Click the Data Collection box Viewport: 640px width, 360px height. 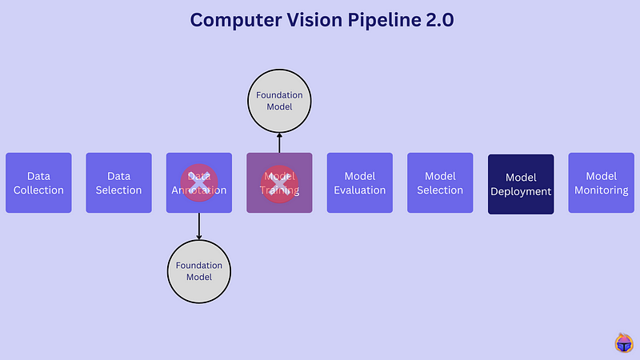[x=38, y=182]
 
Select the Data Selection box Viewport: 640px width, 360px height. [x=118, y=182]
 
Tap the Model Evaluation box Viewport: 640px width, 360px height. [x=359, y=182]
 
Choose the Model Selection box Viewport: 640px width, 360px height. [x=440, y=182]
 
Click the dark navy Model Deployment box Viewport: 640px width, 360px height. [x=521, y=184]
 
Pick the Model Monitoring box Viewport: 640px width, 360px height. [x=601, y=182]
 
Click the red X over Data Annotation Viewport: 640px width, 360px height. [x=199, y=183]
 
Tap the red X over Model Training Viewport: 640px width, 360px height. [x=279, y=183]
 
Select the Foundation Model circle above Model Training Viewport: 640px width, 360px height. [x=279, y=101]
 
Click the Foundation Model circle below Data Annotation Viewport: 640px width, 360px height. [x=199, y=271]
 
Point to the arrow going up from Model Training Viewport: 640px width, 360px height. [x=279, y=142]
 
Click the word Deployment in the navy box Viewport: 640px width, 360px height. [x=521, y=191]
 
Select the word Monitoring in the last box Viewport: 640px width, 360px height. [x=601, y=190]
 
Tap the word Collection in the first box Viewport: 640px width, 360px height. [x=38, y=190]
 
